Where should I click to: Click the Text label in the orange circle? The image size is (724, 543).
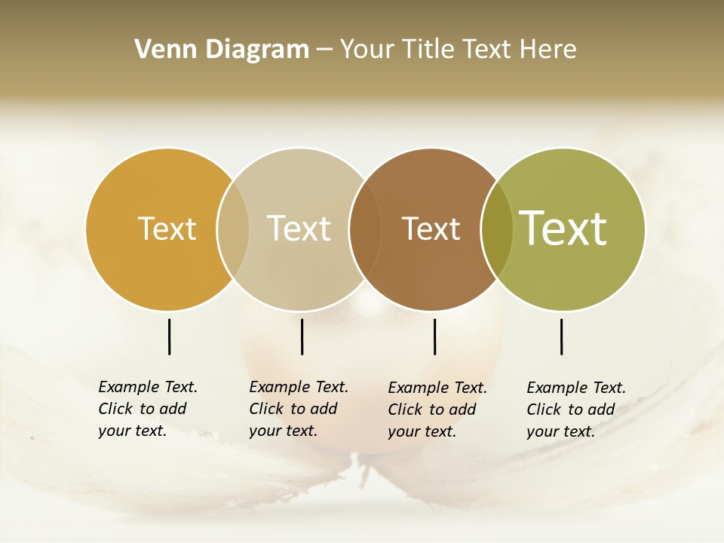167,229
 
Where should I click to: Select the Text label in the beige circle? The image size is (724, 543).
299,229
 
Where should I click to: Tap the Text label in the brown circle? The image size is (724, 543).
431,229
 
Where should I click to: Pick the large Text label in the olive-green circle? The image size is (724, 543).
563,229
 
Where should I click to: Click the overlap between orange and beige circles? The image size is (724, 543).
233,229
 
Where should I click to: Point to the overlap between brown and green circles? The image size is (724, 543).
496,229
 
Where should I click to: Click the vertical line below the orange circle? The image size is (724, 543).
169,336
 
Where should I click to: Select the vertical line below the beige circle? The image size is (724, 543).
302,336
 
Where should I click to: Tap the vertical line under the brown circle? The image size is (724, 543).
434,336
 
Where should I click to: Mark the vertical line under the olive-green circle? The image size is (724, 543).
561,336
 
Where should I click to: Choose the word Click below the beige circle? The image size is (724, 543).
266,409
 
